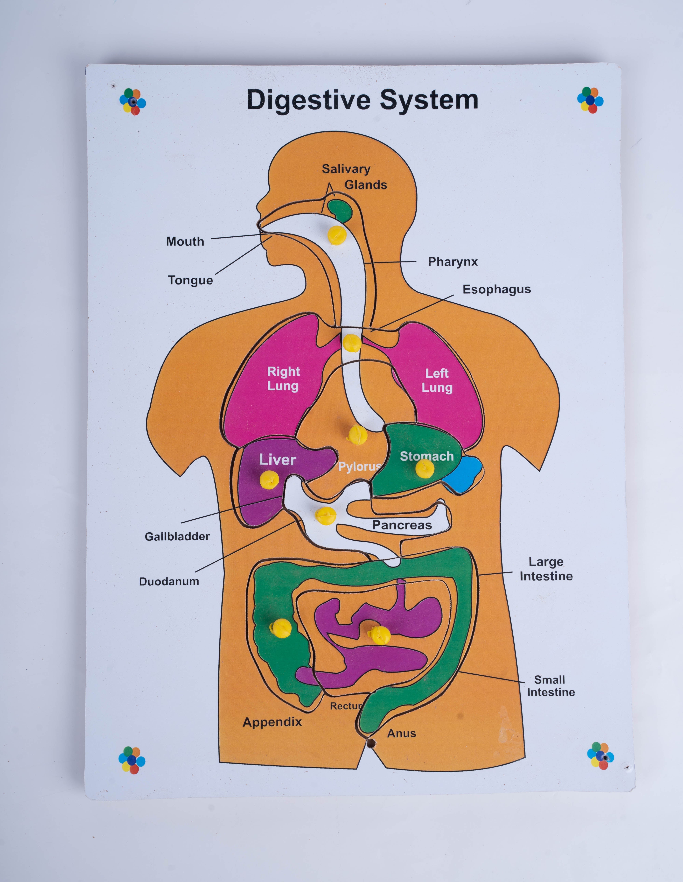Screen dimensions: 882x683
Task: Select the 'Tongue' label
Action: [x=190, y=280]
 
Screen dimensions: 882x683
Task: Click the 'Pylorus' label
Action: [x=359, y=467]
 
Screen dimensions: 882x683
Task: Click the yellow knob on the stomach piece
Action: [x=424, y=469]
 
